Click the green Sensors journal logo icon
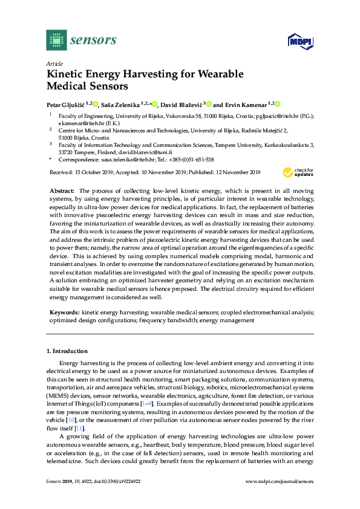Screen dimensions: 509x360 (x=56, y=40)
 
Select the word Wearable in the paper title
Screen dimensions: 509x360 (x=214, y=74)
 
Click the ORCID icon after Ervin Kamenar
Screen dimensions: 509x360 (x=279, y=103)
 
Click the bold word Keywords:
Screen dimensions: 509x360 (x=64, y=313)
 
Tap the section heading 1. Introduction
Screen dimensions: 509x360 (x=67, y=351)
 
